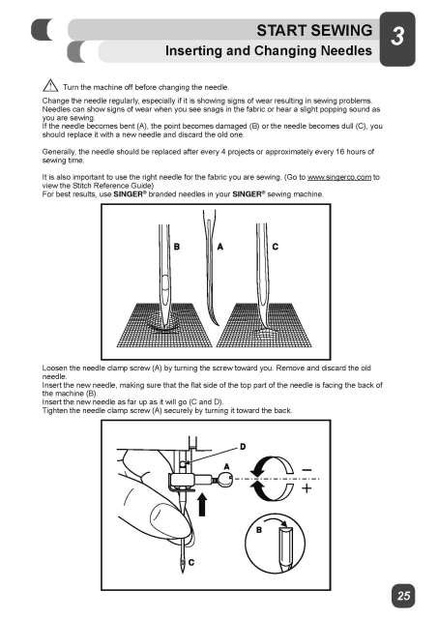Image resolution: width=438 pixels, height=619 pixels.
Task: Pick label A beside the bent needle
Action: click(221, 247)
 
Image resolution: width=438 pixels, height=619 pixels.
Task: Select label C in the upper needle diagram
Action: click(276, 247)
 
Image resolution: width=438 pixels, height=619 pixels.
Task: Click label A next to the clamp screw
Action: click(225, 466)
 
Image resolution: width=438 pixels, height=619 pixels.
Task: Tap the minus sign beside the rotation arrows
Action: click(307, 472)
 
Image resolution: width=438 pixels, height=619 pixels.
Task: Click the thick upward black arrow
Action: click(204, 505)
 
